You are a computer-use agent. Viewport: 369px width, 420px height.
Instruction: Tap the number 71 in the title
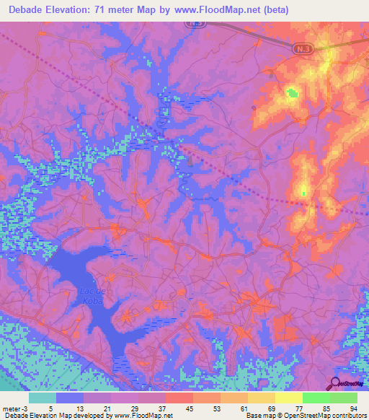114,10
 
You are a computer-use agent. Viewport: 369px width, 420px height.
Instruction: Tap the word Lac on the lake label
84,289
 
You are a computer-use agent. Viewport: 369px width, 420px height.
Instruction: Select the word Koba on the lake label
85,299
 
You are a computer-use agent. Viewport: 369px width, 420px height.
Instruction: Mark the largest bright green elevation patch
292,93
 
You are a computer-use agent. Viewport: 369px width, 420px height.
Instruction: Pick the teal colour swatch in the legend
43,398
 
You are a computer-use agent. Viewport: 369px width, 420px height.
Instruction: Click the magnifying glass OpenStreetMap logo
335,383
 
